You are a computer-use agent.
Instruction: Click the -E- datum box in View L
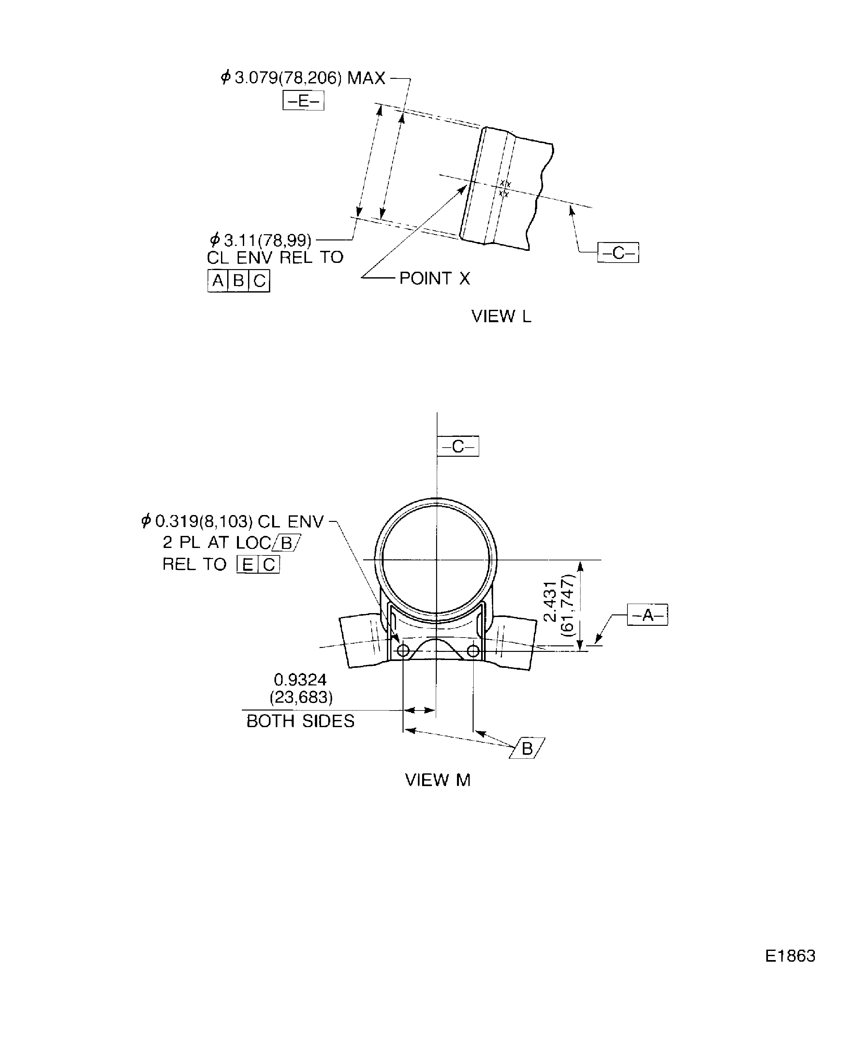point(303,100)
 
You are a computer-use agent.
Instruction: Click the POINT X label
point(434,278)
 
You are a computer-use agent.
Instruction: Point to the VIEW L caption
point(501,316)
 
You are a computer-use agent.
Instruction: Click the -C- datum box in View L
point(618,253)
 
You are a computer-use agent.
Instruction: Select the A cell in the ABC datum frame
point(217,280)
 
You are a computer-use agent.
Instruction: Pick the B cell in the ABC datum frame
point(239,280)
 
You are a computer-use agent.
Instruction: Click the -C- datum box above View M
point(458,446)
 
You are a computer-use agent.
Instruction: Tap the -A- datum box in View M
point(648,615)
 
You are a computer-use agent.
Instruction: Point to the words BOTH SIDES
point(301,721)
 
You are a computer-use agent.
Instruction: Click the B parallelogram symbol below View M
point(527,748)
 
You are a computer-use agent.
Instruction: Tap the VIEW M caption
point(437,780)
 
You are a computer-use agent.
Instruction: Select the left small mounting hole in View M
point(403,651)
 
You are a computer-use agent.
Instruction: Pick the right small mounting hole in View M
point(473,651)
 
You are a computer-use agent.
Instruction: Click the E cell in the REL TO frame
point(247,565)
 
